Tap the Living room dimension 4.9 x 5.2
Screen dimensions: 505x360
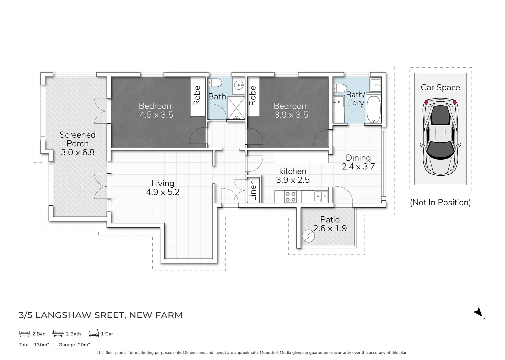tap(163, 192)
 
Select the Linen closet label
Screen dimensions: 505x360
tap(253, 190)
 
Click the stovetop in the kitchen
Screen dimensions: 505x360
tap(290, 197)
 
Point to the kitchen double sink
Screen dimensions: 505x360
tap(321, 196)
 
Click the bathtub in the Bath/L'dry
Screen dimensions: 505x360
tap(373, 109)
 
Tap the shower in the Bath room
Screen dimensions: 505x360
tap(236, 108)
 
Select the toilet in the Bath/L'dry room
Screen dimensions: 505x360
tap(340, 88)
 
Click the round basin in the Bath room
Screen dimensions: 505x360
tap(239, 85)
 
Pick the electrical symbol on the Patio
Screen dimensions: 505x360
tap(308, 236)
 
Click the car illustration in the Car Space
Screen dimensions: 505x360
tap(440, 137)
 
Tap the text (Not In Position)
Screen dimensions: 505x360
tap(440, 203)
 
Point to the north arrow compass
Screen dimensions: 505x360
tap(479, 313)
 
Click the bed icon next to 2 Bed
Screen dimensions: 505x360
tap(24, 334)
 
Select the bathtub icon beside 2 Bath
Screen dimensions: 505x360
tap(58, 333)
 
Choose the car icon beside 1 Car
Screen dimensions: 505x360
tap(94, 333)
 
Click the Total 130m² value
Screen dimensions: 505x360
tap(42, 345)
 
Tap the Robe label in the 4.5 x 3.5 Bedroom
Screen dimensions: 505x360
tap(197, 96)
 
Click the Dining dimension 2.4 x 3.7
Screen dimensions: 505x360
tap(358, 167)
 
